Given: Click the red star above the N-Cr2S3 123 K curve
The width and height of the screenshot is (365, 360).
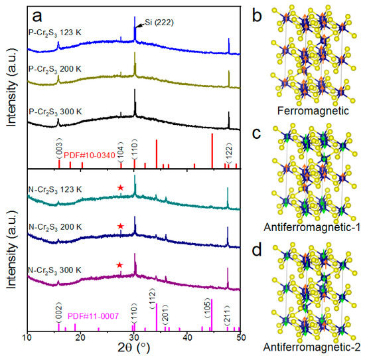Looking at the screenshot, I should tap(120, 188).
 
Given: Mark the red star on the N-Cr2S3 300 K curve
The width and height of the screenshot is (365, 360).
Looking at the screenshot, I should tap(120, 266).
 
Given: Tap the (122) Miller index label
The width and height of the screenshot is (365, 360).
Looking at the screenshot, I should tap(229, 152).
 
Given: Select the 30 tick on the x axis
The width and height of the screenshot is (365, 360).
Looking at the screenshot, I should tap(134, 338).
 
